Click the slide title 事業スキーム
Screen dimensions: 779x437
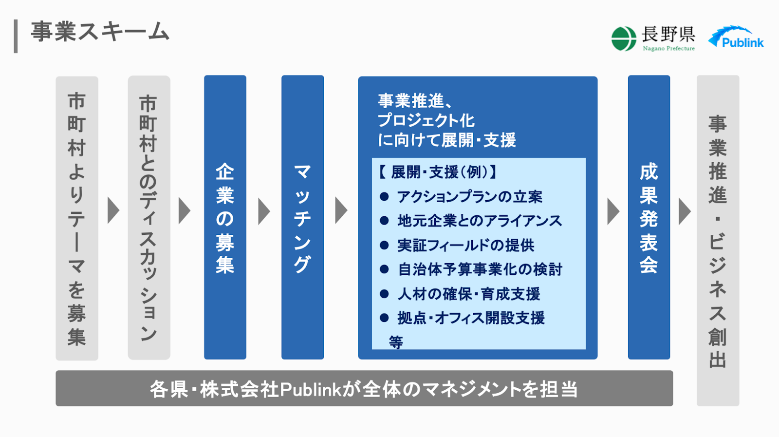point(100,32)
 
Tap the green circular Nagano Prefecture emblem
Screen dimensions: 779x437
point(624,38)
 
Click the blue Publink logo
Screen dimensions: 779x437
point(736,37)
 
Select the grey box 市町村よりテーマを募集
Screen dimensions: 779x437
point(77,218)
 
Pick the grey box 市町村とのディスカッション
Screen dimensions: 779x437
point(149,217)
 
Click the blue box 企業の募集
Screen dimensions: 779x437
point(225,217)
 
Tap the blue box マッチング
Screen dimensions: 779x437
point(302,217)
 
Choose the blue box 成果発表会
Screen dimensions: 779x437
point(649,217)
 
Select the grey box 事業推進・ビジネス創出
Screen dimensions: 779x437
point(718,240)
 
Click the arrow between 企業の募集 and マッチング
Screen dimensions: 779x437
point(264,211)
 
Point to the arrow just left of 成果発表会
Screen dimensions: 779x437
point(613,211)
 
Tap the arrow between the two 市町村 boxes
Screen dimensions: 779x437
point(113,210)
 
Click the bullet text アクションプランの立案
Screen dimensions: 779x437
point(469,197)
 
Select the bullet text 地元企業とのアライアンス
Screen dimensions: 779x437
point(480,221)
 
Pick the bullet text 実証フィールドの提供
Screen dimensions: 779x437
point(466,245)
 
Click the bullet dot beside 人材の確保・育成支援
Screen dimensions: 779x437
point(384,294)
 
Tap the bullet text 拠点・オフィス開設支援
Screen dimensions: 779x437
point(471,318)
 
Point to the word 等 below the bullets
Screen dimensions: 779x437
point(396,342)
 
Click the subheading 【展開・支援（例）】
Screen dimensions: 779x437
point(437,172)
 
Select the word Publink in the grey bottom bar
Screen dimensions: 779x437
point(311,389)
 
